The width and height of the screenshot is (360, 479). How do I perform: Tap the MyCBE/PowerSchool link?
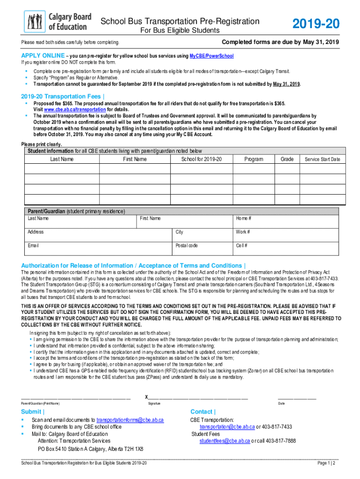(211, 56)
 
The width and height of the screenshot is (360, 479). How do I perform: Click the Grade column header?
(287, 160)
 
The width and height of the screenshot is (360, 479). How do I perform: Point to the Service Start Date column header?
(322, 160)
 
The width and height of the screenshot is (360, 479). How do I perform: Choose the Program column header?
(253, 160)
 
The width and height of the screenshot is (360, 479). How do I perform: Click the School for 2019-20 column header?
(202, 160)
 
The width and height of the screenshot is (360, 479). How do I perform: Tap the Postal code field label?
(187, 246)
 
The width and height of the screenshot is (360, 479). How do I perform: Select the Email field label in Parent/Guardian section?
(33, 246)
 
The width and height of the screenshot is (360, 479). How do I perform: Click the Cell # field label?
(242, 246)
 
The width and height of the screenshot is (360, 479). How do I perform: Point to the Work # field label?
(243, 232)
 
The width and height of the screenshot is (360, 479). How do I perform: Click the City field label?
(180, 232)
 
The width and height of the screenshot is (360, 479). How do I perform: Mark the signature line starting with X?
(196, 397)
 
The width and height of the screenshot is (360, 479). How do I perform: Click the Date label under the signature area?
(281, 403)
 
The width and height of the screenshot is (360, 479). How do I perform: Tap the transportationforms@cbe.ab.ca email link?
(130, 420)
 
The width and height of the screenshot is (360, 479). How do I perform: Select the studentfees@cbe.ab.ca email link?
(224, 441)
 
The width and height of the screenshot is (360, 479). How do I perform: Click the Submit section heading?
(33, 412)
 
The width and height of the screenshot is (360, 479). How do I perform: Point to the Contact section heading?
(202, 412)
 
